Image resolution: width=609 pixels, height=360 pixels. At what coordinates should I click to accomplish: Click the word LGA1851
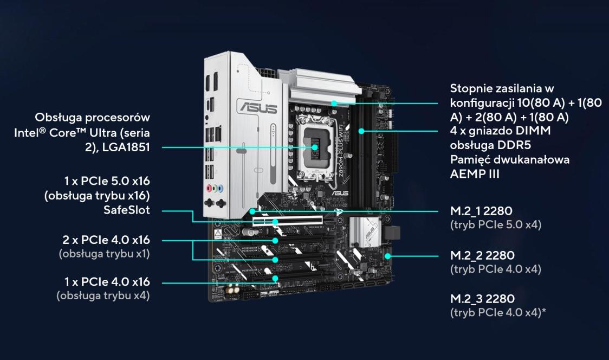pyautogui.click(x=126, y=147)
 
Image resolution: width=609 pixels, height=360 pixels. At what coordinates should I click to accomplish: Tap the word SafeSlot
pyautogui.click(x=127, y=210)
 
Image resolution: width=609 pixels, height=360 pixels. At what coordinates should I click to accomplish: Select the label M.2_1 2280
pyautogui.click(x=481, y=211)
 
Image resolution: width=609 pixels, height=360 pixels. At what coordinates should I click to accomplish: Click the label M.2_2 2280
pyautogui.click(x=482, y=255)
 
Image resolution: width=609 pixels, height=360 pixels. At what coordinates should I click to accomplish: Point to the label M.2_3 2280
pyautogui.click(x=482, y=299)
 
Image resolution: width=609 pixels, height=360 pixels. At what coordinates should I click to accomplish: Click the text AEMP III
pyautogui.click(x=475, y=174)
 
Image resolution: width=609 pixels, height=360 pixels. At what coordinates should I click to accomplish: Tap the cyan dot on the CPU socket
pyautogui.click(x=315, y=147)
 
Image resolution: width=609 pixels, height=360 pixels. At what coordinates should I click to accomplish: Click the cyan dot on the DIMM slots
pyautogui.click(x=361, y=131)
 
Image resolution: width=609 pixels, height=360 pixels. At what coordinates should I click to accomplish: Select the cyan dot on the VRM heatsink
pyautogui.click(x=334, y=104)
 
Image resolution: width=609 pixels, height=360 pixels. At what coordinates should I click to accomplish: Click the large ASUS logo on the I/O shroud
pyautogui.click(x=258, y=107)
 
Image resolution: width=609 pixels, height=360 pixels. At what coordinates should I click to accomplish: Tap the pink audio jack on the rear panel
pyautogui.click(x=209, y=189)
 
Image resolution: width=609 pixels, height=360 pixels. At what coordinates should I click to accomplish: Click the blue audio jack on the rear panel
pyautogui.click(x=220, y=189)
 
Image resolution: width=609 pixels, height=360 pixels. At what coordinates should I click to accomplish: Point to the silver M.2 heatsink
pyautogui.click(x=365, y=232)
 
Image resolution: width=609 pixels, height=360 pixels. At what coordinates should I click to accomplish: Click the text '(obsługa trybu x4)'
pyautogui.click(x=103, y=296)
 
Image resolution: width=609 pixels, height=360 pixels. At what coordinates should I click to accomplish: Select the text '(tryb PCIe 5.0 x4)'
pyautogui.click(x=496, y=224)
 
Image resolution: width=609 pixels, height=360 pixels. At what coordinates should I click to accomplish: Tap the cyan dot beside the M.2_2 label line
pyautogui.click(x=387, y=256)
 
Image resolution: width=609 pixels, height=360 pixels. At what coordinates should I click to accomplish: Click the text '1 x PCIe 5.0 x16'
pyautogui.click(x=107, y=181)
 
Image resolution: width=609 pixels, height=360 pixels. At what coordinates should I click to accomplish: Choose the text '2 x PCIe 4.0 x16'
pyautogui.click(x=106, y=240)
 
